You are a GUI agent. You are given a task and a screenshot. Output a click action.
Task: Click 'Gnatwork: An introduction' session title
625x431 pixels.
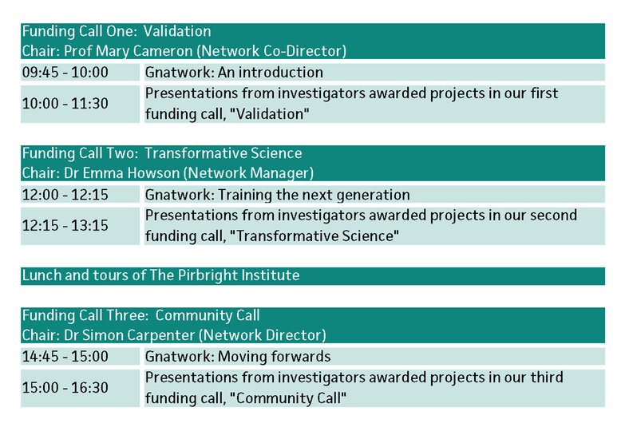[x=234, y=72]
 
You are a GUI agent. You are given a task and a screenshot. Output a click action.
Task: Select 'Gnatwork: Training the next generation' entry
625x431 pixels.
[x=278, y=195]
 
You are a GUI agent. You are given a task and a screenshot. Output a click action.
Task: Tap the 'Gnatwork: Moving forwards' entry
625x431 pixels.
[x=238, y=357]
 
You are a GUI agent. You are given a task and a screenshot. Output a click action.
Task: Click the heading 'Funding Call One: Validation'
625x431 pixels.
[x=117, y=31]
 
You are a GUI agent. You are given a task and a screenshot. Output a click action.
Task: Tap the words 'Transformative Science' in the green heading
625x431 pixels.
[x=223, y=153]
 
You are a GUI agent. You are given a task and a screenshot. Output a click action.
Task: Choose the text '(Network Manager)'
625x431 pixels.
[x=249, y=173]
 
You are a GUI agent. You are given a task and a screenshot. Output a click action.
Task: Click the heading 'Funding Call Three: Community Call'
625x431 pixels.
[x=140, y=315]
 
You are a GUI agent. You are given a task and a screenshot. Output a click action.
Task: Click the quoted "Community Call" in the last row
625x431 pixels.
[x=288, y=398]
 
